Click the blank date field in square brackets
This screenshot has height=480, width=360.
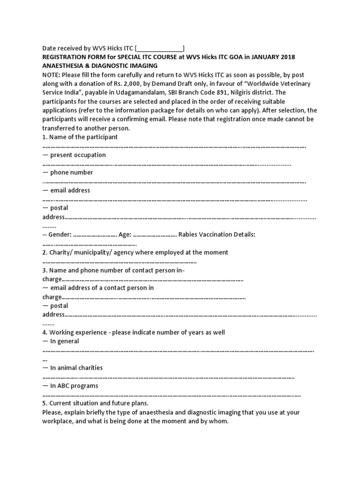[x=160, y=48]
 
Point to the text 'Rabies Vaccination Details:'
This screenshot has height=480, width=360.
[x=217, y=234]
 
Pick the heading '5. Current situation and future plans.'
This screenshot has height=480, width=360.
[x=95, y=403]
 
